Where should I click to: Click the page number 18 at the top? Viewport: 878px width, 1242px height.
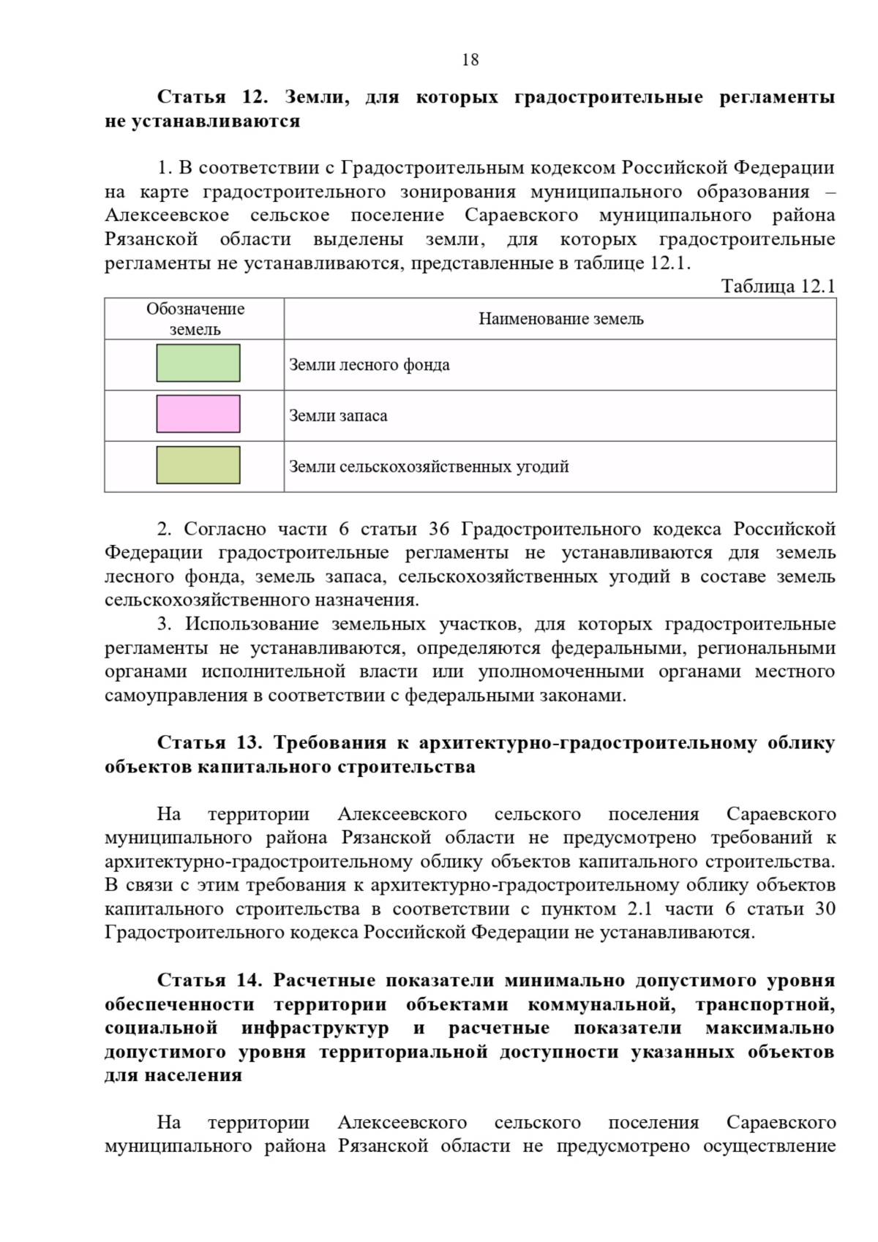(470, 60)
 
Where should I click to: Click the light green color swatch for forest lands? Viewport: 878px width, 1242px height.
(198, 364)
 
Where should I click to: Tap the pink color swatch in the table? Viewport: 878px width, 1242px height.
(198, 414)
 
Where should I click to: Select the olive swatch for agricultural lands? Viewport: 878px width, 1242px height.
(198, 465)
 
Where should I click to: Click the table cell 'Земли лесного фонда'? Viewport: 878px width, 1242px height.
(369, 365)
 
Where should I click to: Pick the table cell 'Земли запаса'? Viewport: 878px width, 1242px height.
(338, 416)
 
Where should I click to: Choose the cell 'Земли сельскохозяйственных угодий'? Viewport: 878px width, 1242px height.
(429, 467)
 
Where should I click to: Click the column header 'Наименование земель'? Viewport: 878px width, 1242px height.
(560, 319)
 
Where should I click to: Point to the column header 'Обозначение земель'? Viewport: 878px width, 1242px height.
(195, 319)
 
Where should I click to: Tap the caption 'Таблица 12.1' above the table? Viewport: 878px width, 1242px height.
(778, 286)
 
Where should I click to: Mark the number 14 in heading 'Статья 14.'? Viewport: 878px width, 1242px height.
(249, 981)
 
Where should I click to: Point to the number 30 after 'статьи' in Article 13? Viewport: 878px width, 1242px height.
(825, 909)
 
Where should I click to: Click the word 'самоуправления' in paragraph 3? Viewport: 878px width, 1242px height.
(176, 696)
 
